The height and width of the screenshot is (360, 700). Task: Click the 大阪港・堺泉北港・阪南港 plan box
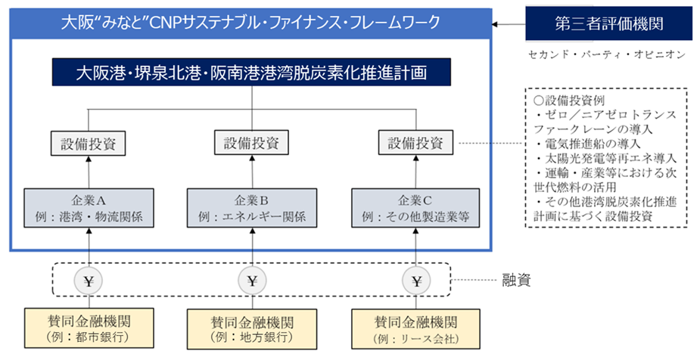coord(251,73)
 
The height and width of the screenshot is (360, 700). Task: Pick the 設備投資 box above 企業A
coord(88,143)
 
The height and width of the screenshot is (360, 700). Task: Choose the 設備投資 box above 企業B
coord(251,143)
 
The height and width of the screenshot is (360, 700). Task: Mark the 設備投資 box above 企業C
coord(415,143)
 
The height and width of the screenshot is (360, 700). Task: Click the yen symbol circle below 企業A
coord(88,280)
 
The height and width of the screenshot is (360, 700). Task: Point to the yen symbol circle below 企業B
coord(251,280)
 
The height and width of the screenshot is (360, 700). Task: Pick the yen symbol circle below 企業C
coord(415,280)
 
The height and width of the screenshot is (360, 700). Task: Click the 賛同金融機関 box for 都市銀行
coord(88,328)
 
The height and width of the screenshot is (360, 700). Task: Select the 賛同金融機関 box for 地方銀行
coord(251,328)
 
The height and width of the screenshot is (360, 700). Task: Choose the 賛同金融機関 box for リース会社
coord(415,328)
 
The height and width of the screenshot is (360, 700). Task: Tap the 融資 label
coord(518,281)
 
